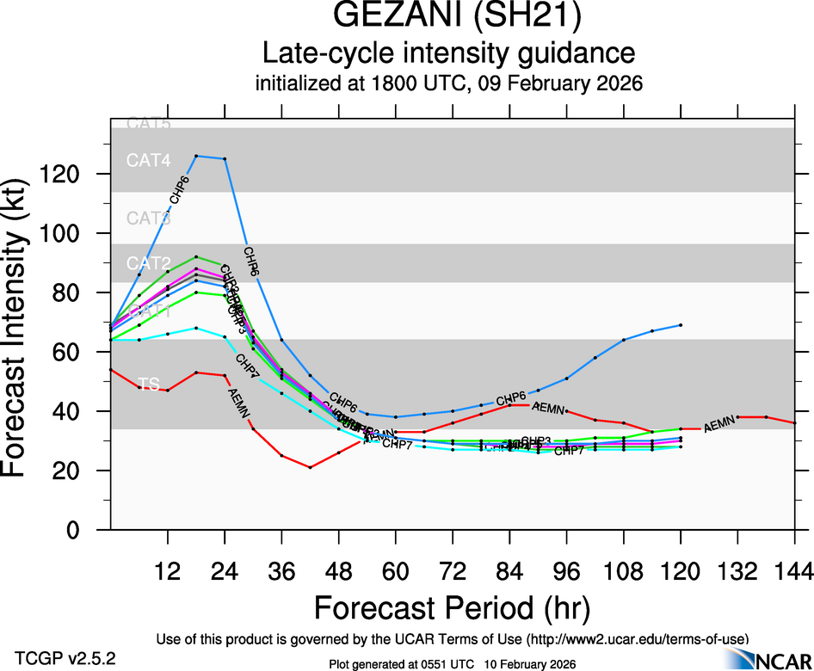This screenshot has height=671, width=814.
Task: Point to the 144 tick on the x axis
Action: (x=794, y=569)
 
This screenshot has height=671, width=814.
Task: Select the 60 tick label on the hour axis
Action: (x=396, y=569)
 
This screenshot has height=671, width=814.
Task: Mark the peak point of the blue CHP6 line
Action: (x=196, y=156)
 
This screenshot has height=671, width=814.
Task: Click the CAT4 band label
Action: (x=149, y=160)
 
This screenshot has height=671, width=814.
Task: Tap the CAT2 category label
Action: (x=149, y=262)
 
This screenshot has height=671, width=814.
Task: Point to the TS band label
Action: (x=149, y=385)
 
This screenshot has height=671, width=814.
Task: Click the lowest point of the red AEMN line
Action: (x=310, y=467)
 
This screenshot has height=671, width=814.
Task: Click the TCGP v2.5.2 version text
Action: (x=65, y=657)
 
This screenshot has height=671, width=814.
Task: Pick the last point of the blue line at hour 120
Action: (x=681, y=325)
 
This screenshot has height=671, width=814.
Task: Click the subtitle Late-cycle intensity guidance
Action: (x=448, y=53)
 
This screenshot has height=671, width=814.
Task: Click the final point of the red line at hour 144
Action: (x=794, y=423)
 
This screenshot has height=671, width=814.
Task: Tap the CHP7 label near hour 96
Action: (x=569, y=451)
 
